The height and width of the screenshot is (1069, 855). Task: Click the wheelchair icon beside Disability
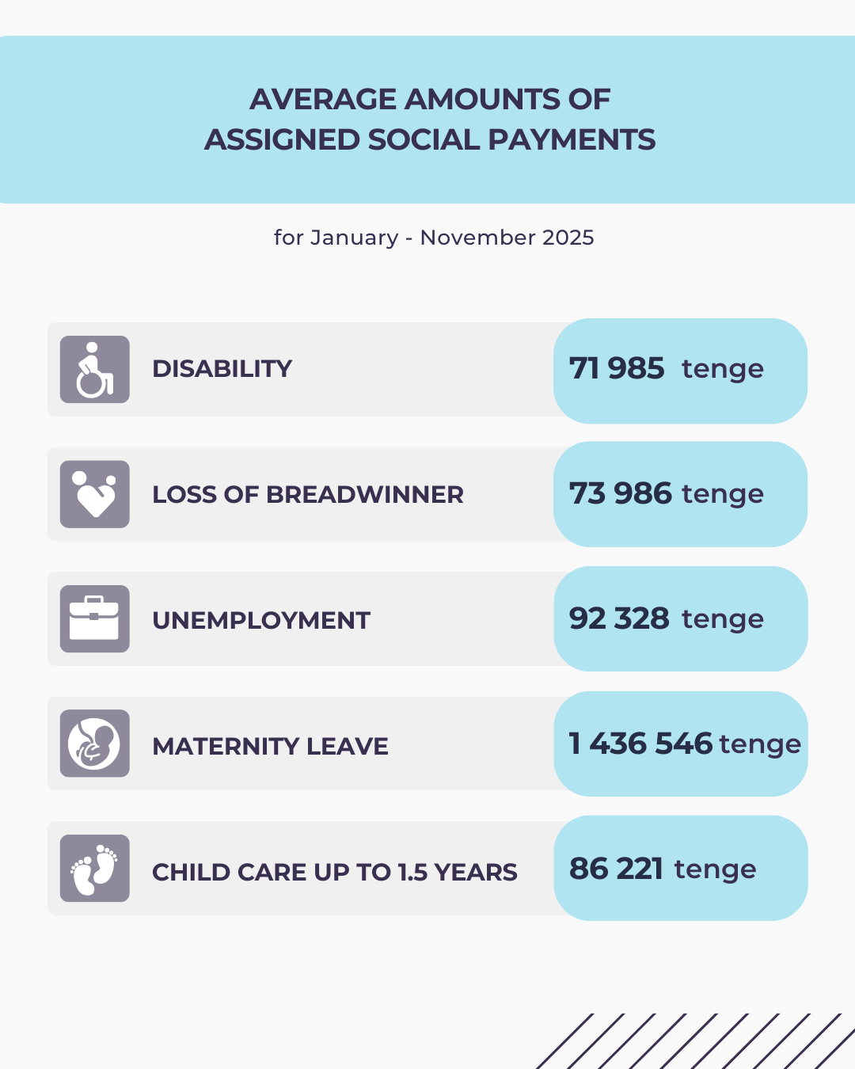coord(94,369)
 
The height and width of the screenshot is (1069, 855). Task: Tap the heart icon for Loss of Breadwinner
coord(94,494)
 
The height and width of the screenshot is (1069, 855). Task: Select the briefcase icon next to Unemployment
coord(94,619)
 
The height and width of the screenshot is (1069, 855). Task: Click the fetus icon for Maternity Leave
coord(94,744)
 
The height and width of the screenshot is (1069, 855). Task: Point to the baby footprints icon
coord(94,869)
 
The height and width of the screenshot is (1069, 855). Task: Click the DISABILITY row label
coord(222,369)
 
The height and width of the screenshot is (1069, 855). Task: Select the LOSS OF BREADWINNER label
coord(307,495)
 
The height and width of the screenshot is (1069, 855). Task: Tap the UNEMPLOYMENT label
coord(261,620)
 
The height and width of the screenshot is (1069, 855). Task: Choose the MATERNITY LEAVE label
coord(270,746)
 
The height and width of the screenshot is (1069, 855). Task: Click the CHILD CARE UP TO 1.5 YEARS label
coord(334,872)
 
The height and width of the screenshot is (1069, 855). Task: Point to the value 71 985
coord(617,368)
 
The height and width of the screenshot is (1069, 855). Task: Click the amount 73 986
coord(621,493)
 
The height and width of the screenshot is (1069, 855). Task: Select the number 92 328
coord(619,618)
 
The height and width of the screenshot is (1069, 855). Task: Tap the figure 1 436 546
coord(640,744)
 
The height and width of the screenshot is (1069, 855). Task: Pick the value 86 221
coord(616,869)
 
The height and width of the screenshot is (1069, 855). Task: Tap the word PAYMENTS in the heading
coord(572,139)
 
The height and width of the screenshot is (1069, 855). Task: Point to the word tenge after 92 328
coord(723,619)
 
